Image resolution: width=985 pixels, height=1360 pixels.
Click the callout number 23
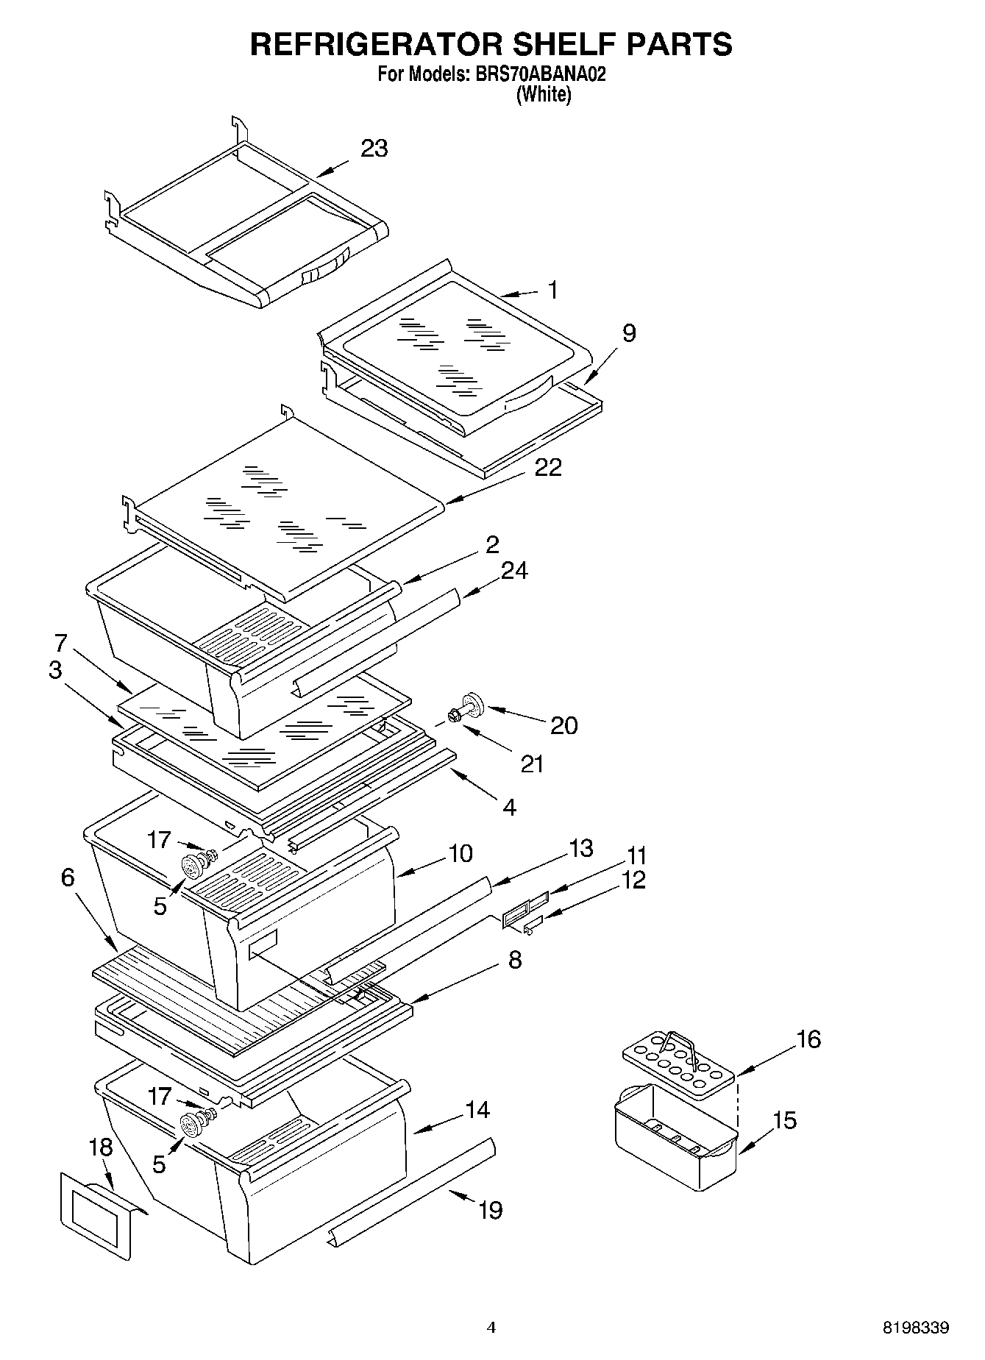point(374,149)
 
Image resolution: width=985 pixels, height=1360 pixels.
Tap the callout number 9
point(628,333)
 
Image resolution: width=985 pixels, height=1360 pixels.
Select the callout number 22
point(548,467)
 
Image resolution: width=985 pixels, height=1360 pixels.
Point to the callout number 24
point(514,570)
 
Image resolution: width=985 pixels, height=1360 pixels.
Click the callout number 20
point(564,725)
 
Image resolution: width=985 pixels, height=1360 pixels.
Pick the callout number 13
point(580,848)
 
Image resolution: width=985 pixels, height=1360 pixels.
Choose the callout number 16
point(808,1039)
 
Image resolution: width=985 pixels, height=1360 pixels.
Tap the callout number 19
point(490,1209)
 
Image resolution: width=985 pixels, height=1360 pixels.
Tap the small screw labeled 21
point(453,716)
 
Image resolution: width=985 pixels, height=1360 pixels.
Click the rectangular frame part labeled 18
point(96,1214)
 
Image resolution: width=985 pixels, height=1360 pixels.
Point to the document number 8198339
point(916,1328)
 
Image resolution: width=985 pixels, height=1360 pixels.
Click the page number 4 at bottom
point(491,1327)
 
